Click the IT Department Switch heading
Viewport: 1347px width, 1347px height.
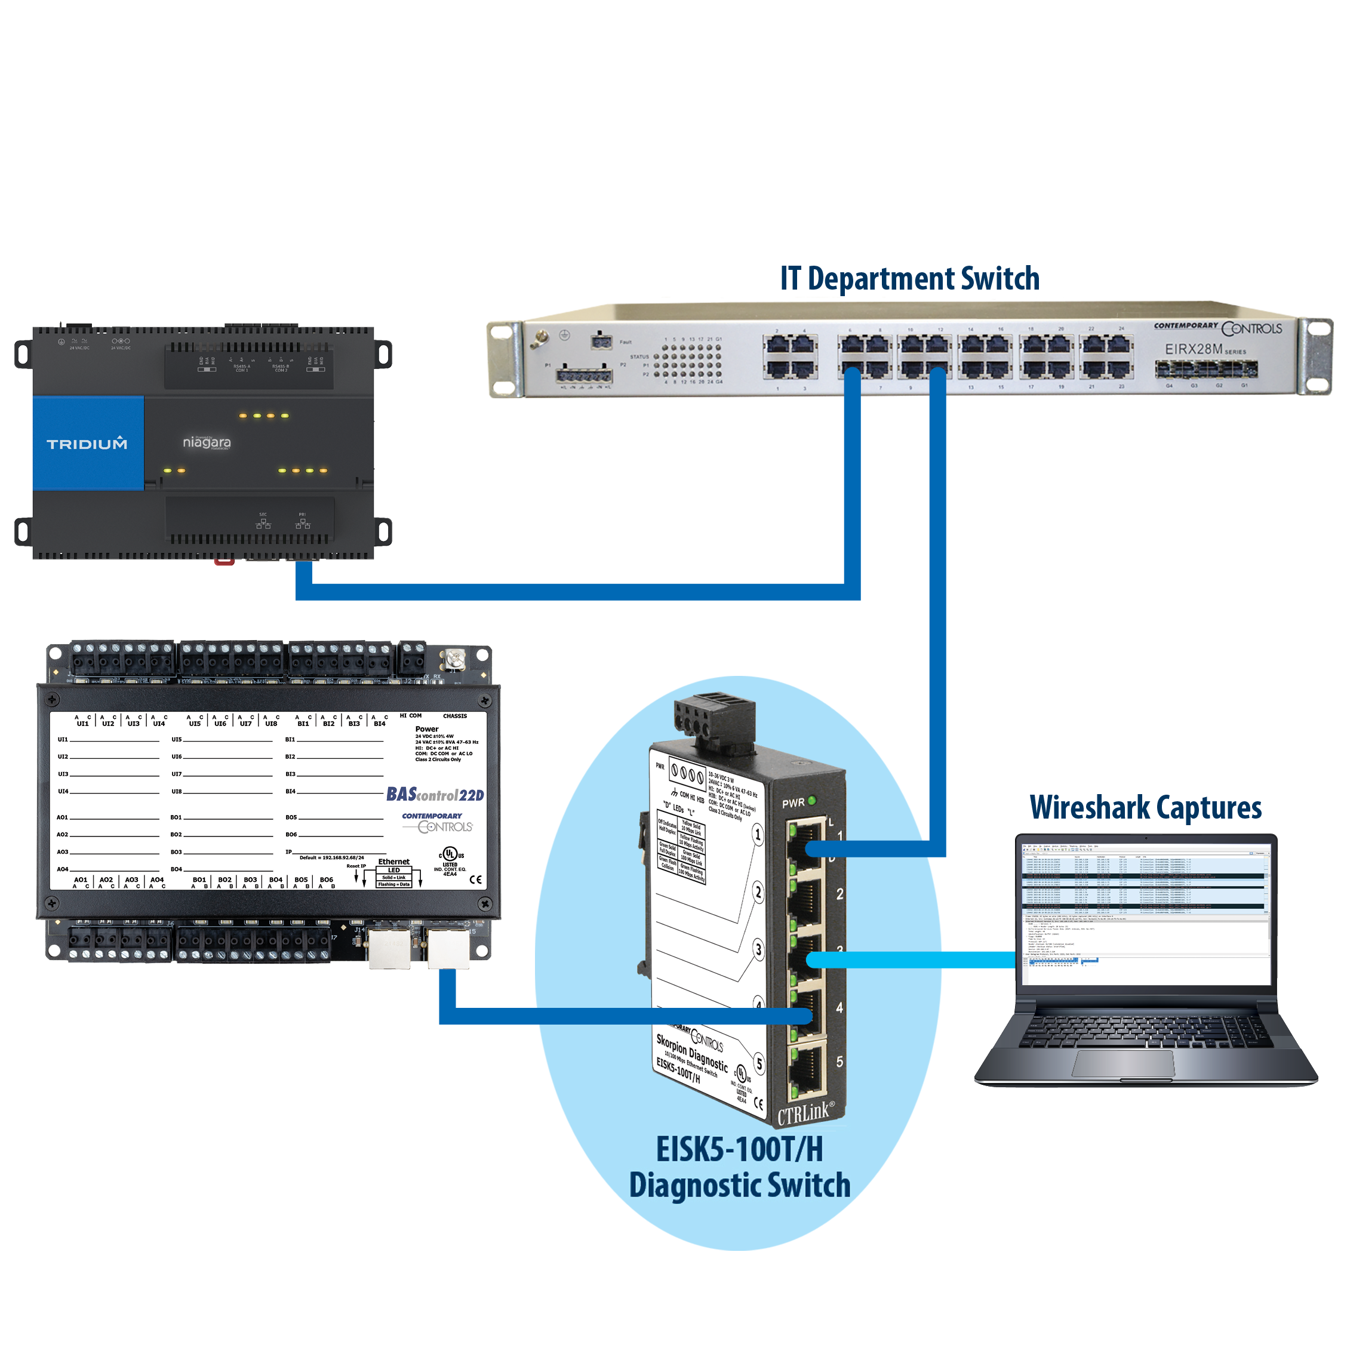coord(909,278)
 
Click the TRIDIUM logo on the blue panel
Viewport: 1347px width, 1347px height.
coord(87,444)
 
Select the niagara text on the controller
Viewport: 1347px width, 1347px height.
coord(207,442)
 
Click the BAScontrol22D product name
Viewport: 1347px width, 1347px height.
coord(435,794)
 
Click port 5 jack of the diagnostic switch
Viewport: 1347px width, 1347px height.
coord(807,1068)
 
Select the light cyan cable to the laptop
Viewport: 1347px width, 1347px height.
coord(914,960)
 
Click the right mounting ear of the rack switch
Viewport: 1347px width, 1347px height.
coord(1315,356)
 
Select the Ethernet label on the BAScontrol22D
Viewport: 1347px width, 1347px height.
coord(394,862)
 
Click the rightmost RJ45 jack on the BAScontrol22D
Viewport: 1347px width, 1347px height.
coord(448,949)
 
